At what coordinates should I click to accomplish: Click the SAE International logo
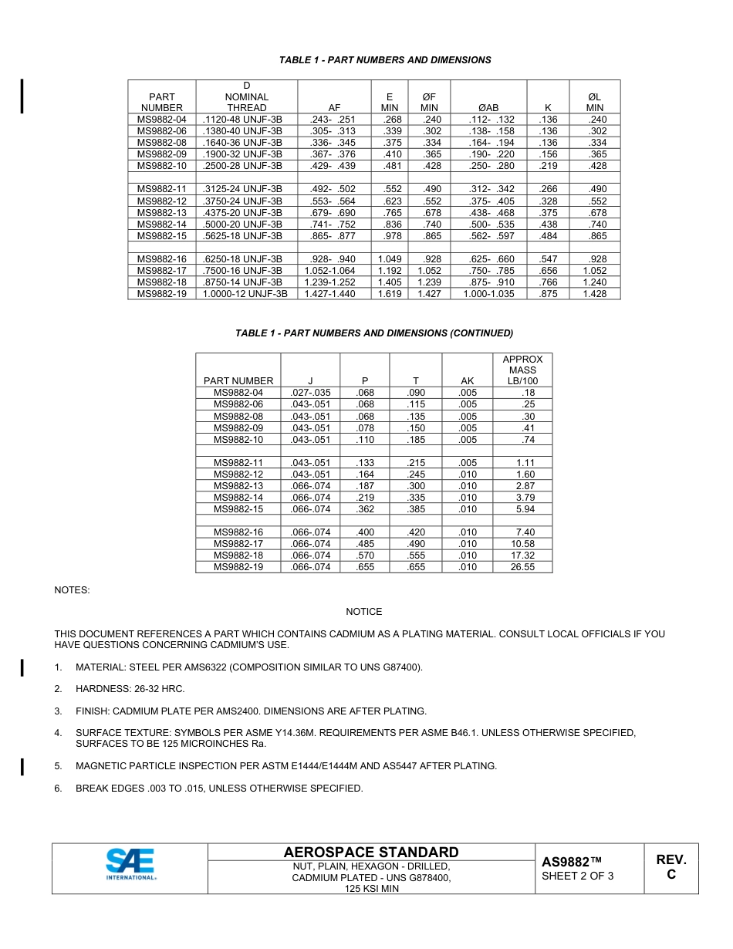(130, 864)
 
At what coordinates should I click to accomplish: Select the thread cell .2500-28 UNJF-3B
(242, 166)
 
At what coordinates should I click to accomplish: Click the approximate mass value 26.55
(522, 567)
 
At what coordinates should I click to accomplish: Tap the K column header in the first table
(548, 108)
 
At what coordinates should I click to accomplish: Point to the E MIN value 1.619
(390, 294)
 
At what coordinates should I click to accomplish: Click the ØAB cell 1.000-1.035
(488, 294)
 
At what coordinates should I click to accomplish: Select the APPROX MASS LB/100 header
(522, 370)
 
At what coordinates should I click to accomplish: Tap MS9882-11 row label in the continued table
(238, 463)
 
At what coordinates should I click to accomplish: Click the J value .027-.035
(310, 393)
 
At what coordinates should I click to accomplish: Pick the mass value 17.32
(522, 556)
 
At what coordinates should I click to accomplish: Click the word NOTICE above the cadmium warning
(363, 612)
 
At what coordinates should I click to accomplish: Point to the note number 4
(58, 733)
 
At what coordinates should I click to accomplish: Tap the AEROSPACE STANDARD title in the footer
(370, 852)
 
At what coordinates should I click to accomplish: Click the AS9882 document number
(570, 862)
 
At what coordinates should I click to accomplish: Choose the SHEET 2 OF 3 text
(577, 876)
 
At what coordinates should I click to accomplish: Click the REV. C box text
(671, 867)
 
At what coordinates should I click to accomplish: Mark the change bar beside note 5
(22, 766)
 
